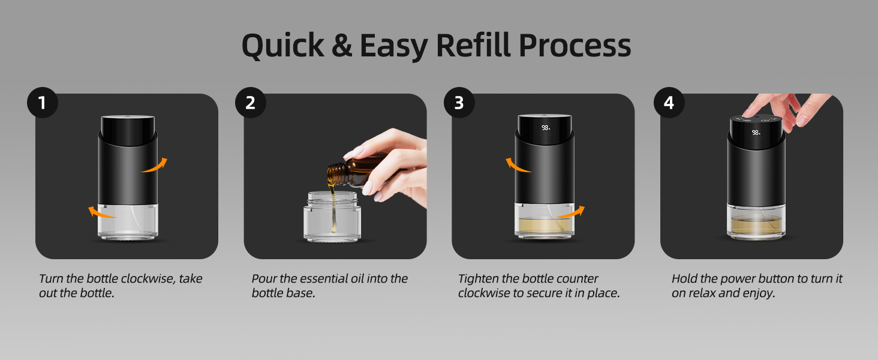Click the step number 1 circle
(42, 103)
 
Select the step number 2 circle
(250, 103)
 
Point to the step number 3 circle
(459, 103)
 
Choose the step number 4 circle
(668, 103)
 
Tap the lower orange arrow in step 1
(101, 211)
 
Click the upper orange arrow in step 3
(518, 166)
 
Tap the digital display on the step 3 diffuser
(546, 128)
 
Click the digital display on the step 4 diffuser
(756, 132)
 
